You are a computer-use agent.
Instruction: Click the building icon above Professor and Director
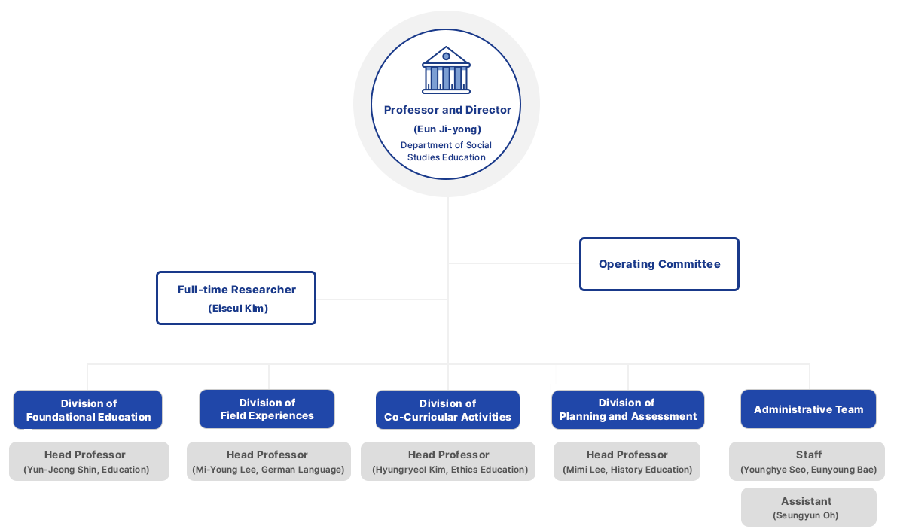coord(446,69)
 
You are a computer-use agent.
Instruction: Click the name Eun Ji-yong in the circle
coord(447,129)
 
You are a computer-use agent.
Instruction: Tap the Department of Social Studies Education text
coord(447,151)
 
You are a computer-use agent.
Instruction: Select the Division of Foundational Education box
coord(88,410)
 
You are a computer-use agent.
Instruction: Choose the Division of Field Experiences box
coord(267,409)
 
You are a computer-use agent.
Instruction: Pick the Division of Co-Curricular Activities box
coord(447,410)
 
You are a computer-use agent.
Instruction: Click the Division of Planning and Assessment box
coord(628,410)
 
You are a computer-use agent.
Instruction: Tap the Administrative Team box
coord(808,410)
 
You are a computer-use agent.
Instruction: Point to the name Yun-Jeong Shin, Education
coord(87,470)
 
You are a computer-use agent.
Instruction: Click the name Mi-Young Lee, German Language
coord(267,470)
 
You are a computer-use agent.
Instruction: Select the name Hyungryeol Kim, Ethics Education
coord(450,470)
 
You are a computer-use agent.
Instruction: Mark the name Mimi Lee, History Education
coord(627,470)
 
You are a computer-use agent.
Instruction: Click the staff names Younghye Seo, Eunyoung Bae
coord(808,470)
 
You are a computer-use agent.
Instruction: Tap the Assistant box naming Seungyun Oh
coord(808,507)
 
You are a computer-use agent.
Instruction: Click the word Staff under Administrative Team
coord(808,455)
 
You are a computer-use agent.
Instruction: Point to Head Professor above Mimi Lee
coord(627,455)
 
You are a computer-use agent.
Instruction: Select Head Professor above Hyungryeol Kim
coord(449,455)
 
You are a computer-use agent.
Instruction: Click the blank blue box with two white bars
coord(659,265)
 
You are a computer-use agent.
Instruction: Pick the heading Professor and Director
coord(447,110)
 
